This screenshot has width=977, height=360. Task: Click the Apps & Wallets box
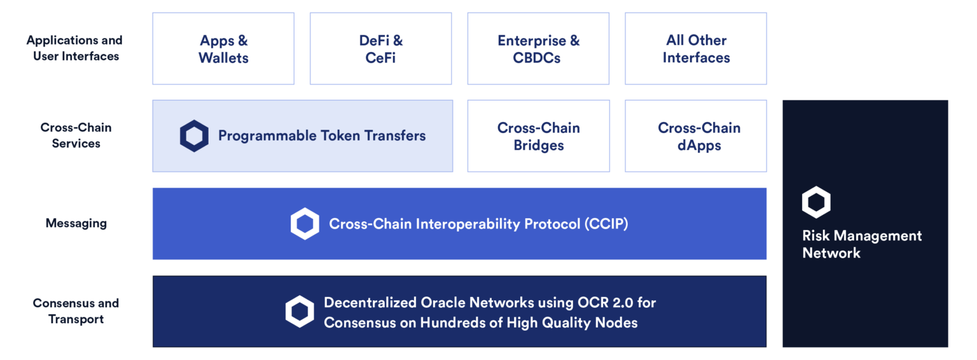point(223,49)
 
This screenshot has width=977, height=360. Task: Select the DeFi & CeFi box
point(380,49)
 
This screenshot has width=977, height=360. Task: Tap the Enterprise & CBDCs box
point(538,49)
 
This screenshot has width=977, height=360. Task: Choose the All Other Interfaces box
point(696,49)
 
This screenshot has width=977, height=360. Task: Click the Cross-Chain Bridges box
point(538,136)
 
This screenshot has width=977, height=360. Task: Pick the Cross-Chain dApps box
point(696,136)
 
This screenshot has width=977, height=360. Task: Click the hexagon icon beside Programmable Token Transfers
point(194,136)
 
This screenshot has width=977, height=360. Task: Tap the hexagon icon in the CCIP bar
point(305,224)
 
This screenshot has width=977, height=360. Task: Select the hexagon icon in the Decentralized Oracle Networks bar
point(300,312)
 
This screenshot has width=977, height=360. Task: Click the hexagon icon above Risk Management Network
point(816,202)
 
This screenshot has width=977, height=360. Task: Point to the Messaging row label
point(76,223)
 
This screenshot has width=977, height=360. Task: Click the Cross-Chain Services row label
point(76,135)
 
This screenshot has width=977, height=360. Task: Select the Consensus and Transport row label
point(76,311)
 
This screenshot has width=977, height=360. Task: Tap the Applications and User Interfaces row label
point(74,48)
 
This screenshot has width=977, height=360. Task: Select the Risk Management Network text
point(862,244)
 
